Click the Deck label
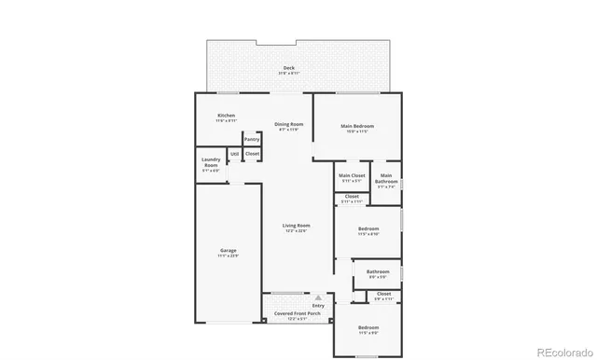288,69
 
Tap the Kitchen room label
226,117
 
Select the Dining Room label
288,125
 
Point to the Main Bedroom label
357,127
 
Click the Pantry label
252,139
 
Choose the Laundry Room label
211,161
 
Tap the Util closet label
235,153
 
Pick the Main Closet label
352,175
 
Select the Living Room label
297,226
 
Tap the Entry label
318,305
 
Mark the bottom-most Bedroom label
368,328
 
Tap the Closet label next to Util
252,153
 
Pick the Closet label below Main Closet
352,197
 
